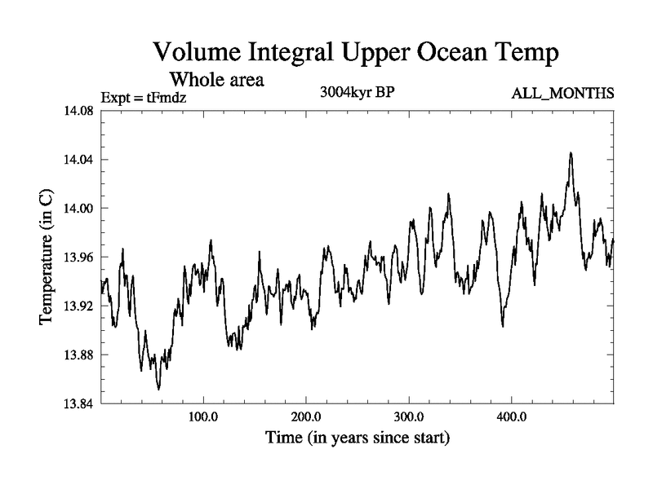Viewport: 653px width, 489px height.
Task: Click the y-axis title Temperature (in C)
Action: coord(47,258)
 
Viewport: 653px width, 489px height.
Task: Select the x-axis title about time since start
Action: coord(358,438)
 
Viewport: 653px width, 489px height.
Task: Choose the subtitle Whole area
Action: coord(216,81)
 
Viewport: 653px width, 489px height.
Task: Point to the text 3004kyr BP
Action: coord(357,93)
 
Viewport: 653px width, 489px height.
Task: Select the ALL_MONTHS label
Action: coord(563,94)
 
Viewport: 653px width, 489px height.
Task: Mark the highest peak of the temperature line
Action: coord(571,152)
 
